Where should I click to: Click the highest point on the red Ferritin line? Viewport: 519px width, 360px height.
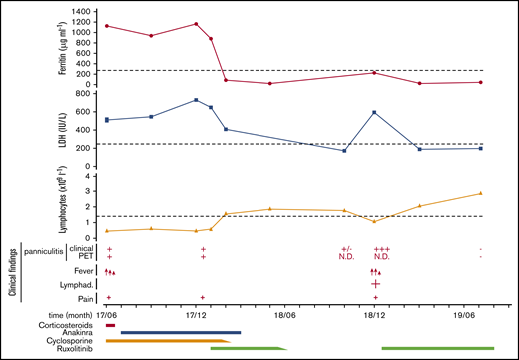[x=196, y=23]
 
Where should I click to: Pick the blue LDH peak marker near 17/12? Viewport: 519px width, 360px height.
[x=196, y=100]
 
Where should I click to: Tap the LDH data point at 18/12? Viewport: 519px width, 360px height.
[x=374, y=112]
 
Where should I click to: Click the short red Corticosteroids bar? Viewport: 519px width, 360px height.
[x=110, y=325]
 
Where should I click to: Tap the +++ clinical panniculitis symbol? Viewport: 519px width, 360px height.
[x=381, y=249]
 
